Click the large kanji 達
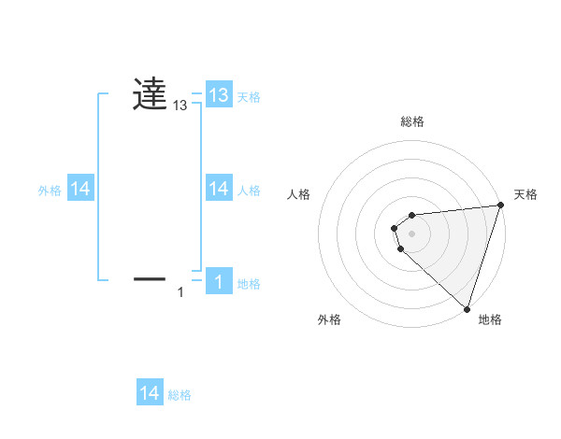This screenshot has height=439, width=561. click(150, 94)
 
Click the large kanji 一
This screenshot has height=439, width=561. click(150, 277)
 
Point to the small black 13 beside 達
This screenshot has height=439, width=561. click(180, 106)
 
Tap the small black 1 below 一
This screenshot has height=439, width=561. click(181, 293)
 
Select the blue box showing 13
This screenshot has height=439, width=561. click(219, 95)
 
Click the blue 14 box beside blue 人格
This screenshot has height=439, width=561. click(219, 189)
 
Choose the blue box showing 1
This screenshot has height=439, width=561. click(219, 282)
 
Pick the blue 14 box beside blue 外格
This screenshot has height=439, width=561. click(80, 189)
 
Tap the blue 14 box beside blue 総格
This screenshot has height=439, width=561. click(150, 393)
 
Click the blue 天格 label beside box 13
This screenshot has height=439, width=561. click(249, 97)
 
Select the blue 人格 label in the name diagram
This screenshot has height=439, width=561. click(249, 191)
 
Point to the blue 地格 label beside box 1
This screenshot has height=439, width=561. click(249, 284)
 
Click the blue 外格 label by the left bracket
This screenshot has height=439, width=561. click(50, 191)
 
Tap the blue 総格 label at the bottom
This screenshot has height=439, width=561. click(180, 395)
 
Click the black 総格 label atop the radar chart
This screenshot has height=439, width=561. click(412, 121)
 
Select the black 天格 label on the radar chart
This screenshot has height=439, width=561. click(526, 194)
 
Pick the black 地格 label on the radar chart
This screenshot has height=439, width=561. click(490, 319)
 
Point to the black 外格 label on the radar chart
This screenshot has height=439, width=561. click(329, 319)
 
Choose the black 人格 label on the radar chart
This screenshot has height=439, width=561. click(298, 194)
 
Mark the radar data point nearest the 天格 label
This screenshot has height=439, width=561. click(500, 205)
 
